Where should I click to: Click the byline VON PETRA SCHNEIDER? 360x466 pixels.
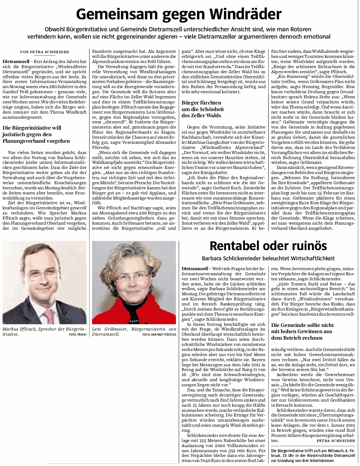click(x=44, y=52)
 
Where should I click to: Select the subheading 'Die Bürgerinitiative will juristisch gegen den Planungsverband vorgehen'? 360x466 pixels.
click(x=36, y=134)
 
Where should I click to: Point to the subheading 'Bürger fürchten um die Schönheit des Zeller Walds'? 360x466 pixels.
click(x=203, y=109)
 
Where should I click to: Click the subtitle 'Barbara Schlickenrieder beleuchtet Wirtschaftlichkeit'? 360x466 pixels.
click(x=268, y=258)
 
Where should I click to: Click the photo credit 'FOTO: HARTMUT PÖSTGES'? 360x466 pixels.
click(x=159, y=334)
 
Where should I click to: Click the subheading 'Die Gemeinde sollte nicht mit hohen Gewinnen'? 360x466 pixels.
click(x=302, y=331)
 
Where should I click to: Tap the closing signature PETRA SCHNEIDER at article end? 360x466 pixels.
click(x=336, y=441)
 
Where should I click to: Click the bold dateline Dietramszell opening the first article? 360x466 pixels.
click(x=16, y=62)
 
